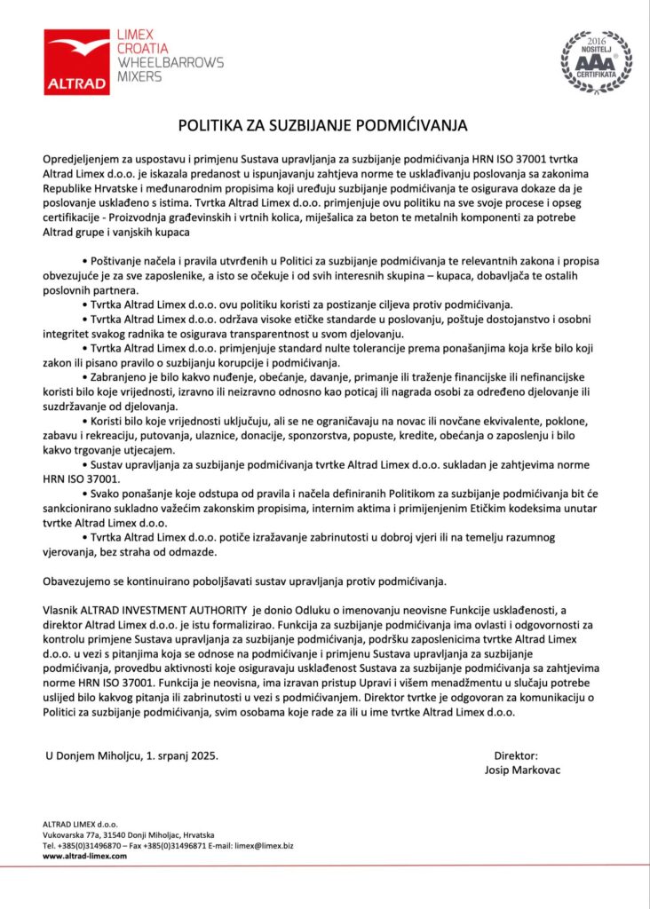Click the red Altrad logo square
tap(77, 60)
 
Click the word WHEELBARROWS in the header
tap(170, 62)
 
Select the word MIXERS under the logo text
tap(140, 76)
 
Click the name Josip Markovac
tap(523, 770)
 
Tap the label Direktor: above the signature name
tap(516, 755)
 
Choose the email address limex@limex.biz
tap(264, 845)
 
